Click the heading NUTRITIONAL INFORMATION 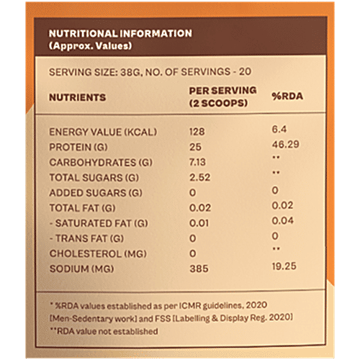[x=120, y=33]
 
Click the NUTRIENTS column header [x=77, y=97]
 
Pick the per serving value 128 [x=197, y=132]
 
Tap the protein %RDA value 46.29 [x=288, y=147]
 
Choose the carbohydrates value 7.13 [x=199, y=162]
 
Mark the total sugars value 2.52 [x=199, y=177]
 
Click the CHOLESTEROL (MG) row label [x=93, y=253]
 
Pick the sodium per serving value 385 [x=197, y=269]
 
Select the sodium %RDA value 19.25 [x=287, y=269]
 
